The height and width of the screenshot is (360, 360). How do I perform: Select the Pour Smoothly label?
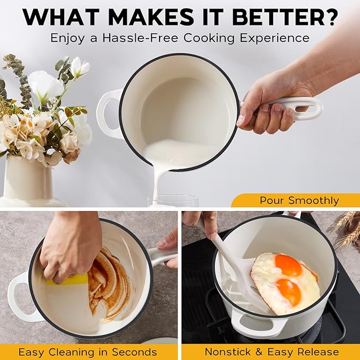click(299, 200)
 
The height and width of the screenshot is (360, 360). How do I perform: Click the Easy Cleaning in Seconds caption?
click(87, 352)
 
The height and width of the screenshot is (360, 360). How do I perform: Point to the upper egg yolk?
click(288, 265)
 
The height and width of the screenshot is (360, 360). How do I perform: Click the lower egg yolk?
click(288, 292)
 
